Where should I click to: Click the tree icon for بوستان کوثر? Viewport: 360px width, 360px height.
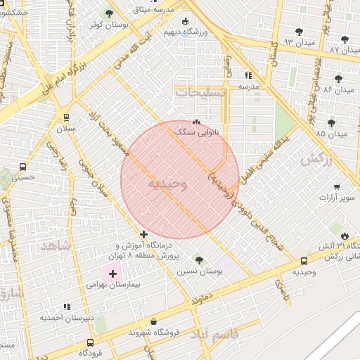tap(109, 13)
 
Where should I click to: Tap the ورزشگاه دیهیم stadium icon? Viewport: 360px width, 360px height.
tap(185, 21)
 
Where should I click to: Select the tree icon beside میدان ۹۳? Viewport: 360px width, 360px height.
tap(300, 31)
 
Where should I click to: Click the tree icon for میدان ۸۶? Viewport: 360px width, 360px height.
tap(338, 79)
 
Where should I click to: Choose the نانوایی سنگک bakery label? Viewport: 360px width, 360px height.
tap(197, 131)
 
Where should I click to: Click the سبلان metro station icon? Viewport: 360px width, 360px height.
tap(66, 117)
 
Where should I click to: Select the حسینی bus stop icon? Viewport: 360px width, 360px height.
tap(23, 167)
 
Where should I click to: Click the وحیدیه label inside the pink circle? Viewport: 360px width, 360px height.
tap(167, 184)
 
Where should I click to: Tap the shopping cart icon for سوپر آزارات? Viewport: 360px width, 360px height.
tap(337, 186)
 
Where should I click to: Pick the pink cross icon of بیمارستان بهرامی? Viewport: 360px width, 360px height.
tap(112, 273)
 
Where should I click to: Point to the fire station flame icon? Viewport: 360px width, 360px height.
tap(344, 235)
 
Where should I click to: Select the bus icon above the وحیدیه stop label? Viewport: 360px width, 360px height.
tap(304, 261)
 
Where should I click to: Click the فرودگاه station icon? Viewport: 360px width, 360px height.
tap(89, 342)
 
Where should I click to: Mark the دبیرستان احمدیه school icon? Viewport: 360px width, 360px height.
tap(67, 307)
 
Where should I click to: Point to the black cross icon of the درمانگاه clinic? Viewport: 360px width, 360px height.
tap(144, 234)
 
